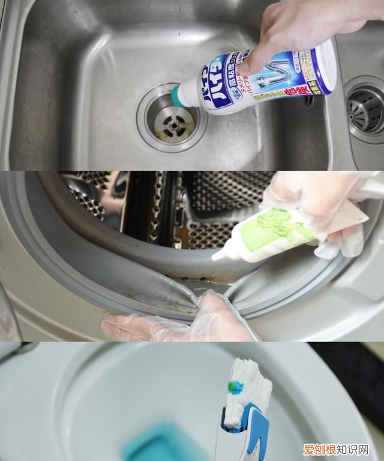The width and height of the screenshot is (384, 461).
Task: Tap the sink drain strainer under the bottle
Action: click(x=170, y=120)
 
